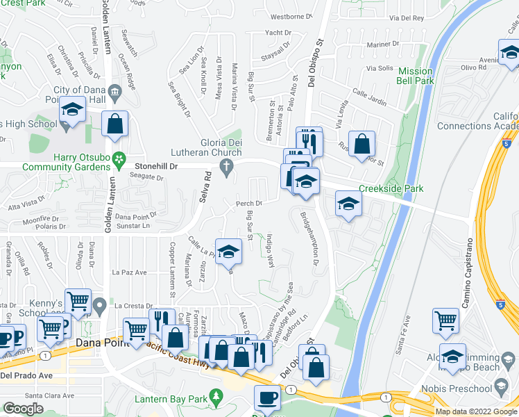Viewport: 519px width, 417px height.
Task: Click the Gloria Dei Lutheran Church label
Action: click(x=207, y=147)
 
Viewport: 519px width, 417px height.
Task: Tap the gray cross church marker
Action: click(x=225, y=165)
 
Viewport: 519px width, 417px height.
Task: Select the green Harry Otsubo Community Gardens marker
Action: click(x=119, y=158)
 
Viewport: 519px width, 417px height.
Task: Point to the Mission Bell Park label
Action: click(x=415, y=76)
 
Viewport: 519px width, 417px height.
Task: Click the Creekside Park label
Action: click(x=391, y=189)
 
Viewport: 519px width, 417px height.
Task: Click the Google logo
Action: click(x=23, y=409)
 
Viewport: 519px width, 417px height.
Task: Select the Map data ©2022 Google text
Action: click(x=476, y=411)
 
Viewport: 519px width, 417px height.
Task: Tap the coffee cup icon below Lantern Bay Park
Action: click(x=266, y=398)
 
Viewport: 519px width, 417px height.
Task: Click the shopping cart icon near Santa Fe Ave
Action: click(x=445, y=320)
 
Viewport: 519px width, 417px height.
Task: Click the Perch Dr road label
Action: click(x=248, y=204)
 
